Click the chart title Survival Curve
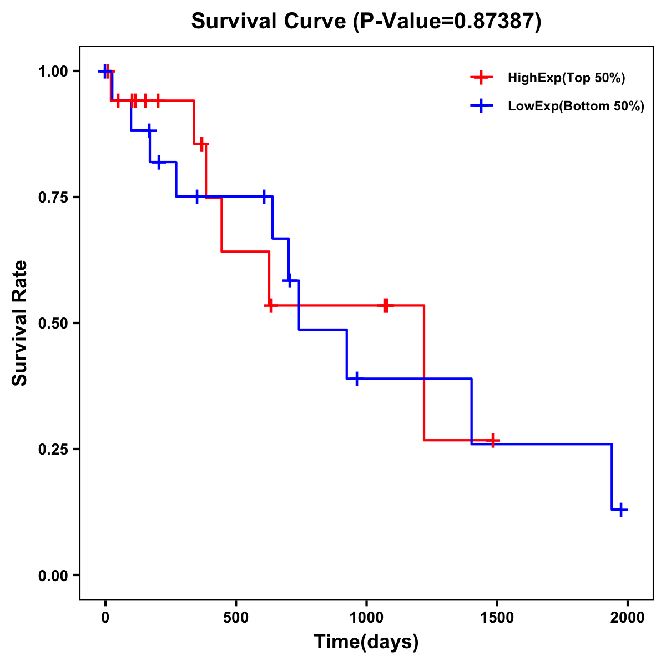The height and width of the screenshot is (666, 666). click(x=271, y=21)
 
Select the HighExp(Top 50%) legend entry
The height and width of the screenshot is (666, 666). click(x=566, y=78)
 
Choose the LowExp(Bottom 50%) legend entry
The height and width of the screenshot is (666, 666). click(x=576, y=107)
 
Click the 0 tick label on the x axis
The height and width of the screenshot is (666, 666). click(x=105, y=618)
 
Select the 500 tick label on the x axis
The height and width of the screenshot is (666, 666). click(x=236, y=618)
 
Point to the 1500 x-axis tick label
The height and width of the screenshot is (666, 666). click(x=497, y=618)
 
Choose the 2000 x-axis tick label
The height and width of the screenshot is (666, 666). click(x=628, y=618)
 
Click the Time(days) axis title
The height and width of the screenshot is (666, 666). click(x=366, y=642)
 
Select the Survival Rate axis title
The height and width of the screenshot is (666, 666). click(x=20, y=323)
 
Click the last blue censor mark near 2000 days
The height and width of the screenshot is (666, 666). click(x=622, y=509)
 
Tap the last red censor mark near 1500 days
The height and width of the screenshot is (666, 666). click(x=492, y=441)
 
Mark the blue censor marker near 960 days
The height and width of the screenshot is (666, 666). click(x=356, y=379)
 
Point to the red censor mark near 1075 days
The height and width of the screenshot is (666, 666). click(x=385, y=305)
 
